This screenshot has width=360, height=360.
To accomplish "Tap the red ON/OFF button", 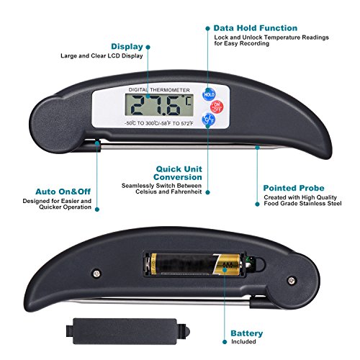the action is (217, 107).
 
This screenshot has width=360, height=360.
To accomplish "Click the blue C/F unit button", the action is (208, 120).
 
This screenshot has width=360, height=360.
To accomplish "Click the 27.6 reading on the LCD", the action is (156, 105).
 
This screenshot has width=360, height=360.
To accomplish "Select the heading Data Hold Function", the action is (256, 28).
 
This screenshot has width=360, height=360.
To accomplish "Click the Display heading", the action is (127, 47).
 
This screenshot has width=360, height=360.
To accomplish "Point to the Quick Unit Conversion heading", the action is (178, 173).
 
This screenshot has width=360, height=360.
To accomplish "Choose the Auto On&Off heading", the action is (63, 192).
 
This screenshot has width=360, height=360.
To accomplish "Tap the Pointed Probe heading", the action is (294, 188).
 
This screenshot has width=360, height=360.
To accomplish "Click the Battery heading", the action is (247, 333).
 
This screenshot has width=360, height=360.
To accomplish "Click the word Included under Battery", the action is (243, 341).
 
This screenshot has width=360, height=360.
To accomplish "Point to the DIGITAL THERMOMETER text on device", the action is (159, 90).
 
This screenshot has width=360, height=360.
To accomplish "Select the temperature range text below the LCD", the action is (159, 123).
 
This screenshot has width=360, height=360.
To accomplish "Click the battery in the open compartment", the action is (196, 264).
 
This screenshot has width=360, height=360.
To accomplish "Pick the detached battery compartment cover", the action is (127, 331).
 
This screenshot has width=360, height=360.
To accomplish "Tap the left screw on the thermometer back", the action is (96, 274).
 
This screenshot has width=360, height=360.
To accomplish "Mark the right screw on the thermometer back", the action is (292, 280).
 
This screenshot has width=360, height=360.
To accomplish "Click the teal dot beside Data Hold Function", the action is (208, 28).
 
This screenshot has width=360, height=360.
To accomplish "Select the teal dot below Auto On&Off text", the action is (97, 210).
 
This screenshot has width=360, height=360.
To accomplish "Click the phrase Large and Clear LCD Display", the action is (102, 56).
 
